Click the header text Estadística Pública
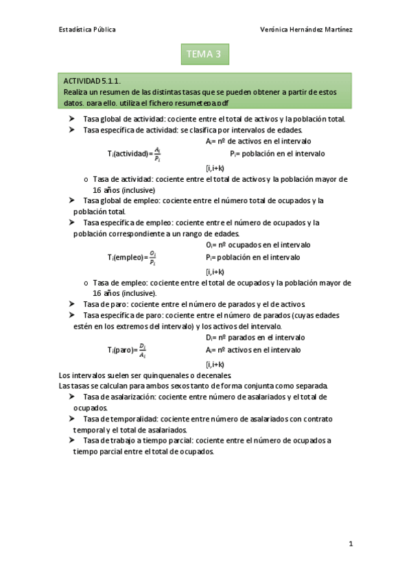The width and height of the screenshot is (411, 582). pyautogui.click(x=87, y=30)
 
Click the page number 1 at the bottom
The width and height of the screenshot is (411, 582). pyautogui.click(x=350, y=544)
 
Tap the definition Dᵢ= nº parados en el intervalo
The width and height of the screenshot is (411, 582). pyautogui.click(x=255, y=338)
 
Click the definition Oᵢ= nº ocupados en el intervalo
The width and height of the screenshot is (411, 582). pyautogui.click(x=257, y=244)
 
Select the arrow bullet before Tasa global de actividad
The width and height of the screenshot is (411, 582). pyautogui.click(x=72, y=119)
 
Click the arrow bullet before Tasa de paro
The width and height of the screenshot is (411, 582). pyautogui.click(x=72, y=303)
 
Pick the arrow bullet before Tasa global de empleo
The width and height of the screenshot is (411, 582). pyautogui.click(x=72, y=200)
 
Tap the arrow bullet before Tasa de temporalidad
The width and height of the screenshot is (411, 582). pyautogui.click(x=72, y=419)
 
